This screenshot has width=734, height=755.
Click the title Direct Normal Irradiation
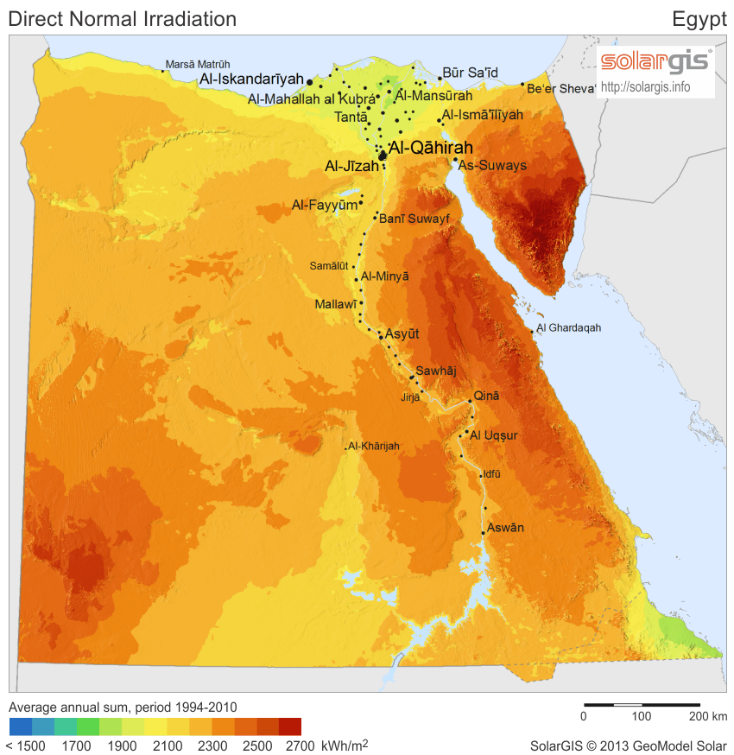(122, 18)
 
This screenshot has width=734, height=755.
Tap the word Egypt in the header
(699, 19)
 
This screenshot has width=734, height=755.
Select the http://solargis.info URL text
(645, 86)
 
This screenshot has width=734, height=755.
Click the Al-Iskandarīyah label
(252, 79)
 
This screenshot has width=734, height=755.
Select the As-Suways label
(492, 165)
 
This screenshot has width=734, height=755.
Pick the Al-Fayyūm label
(325, 205)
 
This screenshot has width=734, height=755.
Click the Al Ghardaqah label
(568, 328)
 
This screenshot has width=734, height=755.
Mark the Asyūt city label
(403, 333)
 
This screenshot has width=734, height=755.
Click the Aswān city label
(505, 527)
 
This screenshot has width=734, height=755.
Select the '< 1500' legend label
(26, 745)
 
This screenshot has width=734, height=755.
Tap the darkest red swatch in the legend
(290, 726)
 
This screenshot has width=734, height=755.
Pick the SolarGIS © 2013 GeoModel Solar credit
(628, 745)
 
